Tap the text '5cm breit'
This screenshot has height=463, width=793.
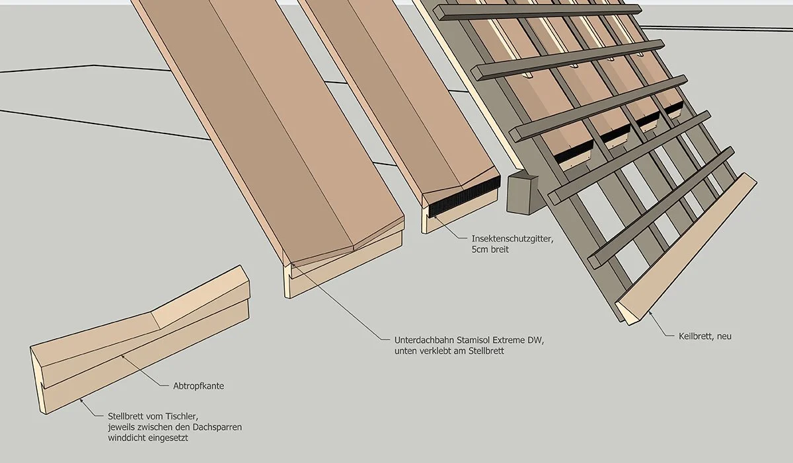pyautogui.click(x=491, y=250)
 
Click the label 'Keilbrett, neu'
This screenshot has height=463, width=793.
pyautogui.click(x=705, y=336)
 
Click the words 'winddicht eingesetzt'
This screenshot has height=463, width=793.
pyautogui.click(x=148, y=439)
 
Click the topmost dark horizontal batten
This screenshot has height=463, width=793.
pyautogui.click(x=539, y=12)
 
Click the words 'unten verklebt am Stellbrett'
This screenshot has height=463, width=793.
pyautogui.click(x=449, y=351)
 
